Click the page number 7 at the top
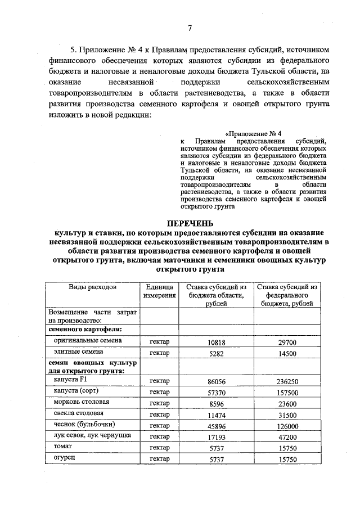click(190, 29)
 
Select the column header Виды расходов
click(92, 287)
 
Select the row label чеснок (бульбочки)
click(81, 425)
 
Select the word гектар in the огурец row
click(159, 460)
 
